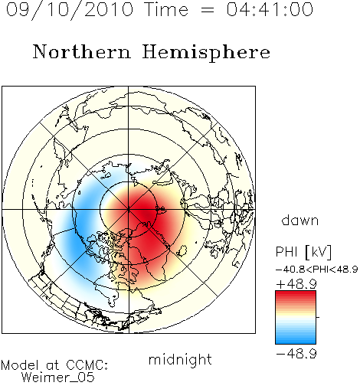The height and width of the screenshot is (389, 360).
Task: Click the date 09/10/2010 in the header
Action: [70, 9]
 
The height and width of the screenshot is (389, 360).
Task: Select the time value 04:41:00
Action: [270, 9]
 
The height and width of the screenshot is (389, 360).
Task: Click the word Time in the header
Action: [166, 9]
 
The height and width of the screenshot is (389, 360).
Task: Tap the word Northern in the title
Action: [82, 51]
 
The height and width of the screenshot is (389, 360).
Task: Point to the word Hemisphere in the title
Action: [206, 53]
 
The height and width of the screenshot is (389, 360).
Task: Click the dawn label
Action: [300, 221]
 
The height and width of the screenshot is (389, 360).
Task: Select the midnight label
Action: [180, 359]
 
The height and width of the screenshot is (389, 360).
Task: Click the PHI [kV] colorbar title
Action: [303, 252]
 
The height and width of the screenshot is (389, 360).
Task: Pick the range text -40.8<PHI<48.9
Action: [316, 270]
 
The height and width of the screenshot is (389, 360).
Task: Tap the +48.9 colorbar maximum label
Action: [296, 284]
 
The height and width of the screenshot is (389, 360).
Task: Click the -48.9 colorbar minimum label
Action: [296, 354]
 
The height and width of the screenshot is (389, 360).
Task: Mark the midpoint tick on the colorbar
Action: [318, 317]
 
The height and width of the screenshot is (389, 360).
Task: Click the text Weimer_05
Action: [57, 378]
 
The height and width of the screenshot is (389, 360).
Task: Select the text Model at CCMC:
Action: [54, 365]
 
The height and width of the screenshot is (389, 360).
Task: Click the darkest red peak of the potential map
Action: [148, 216]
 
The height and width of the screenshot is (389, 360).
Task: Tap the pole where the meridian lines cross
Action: [129, 209]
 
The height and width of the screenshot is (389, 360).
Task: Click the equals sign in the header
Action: [208, 10]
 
